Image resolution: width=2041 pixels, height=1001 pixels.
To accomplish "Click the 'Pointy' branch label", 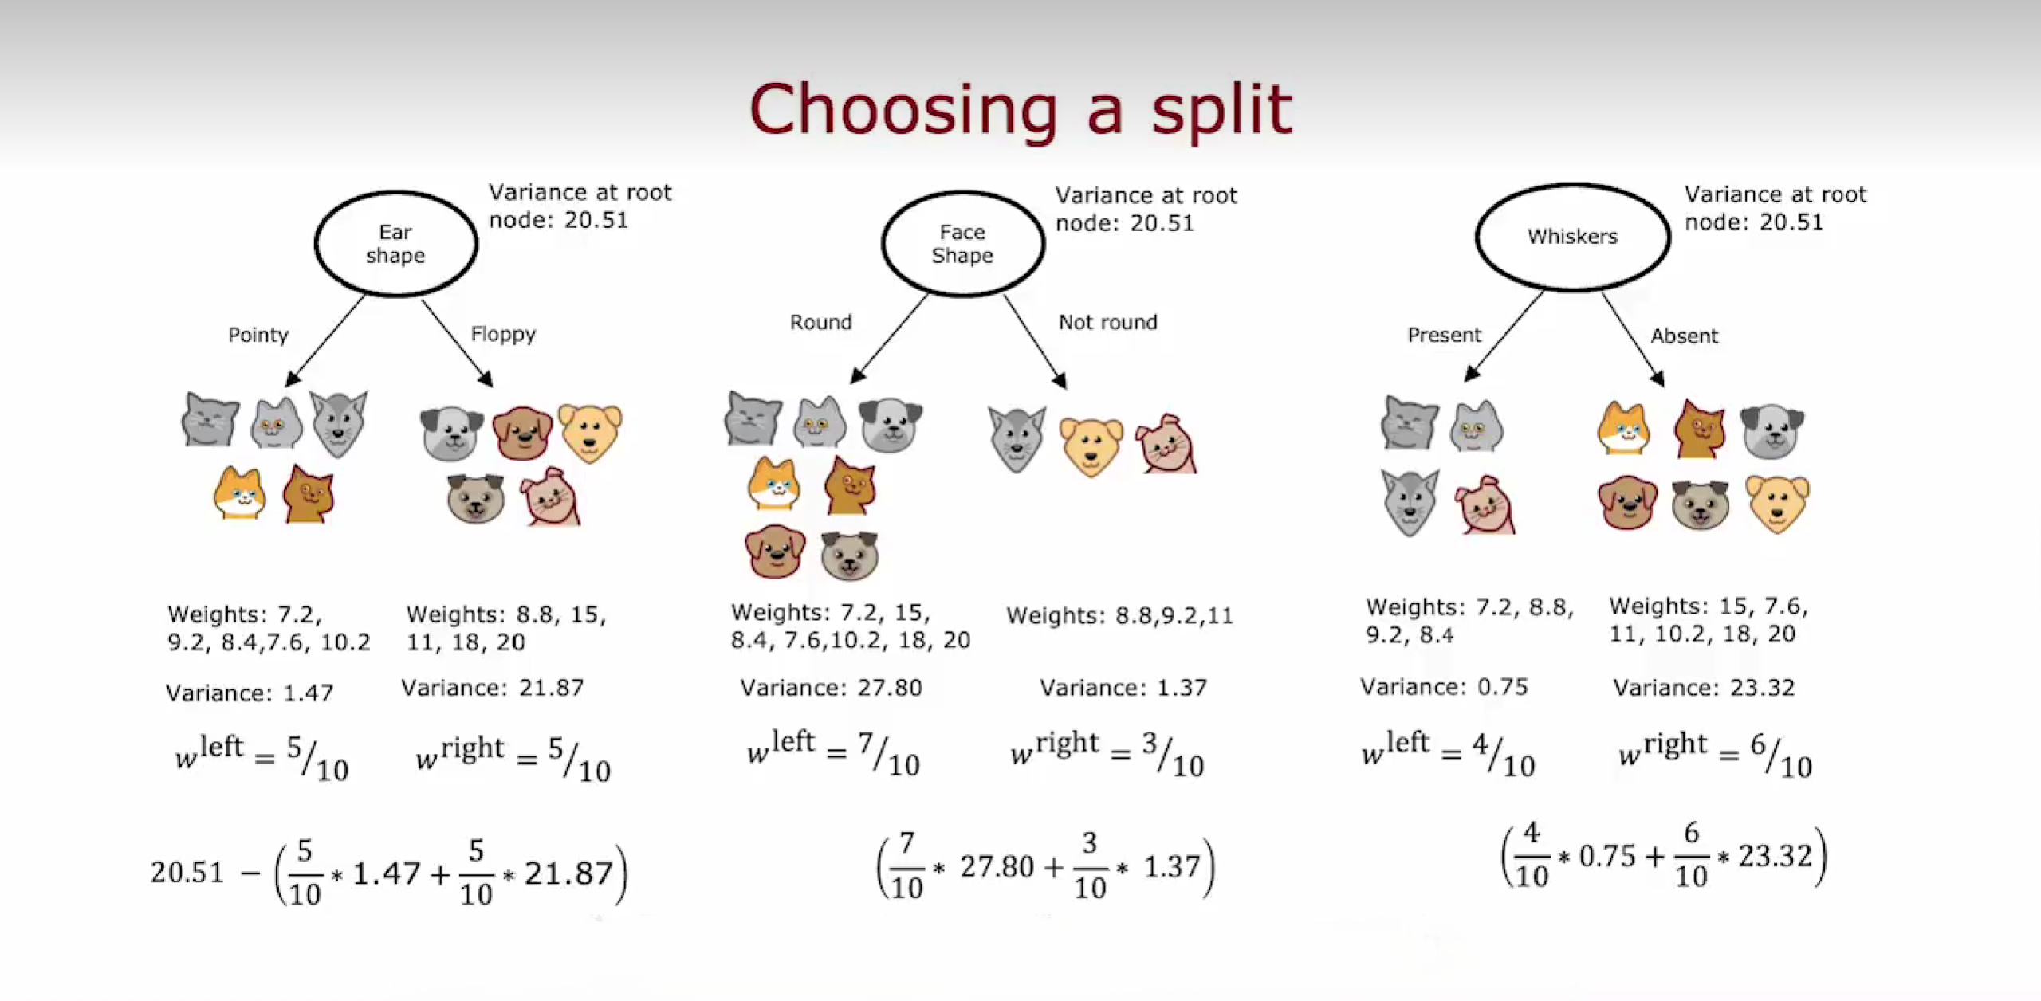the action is coord(258,335).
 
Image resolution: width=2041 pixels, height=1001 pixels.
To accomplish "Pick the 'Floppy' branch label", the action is coord(503,334).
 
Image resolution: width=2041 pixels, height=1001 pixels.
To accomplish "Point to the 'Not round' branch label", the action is coord(1107,322).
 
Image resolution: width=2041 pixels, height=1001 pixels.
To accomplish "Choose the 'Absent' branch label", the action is coord(1684,336).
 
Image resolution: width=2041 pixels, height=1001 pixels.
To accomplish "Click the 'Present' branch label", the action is coord(1444,335).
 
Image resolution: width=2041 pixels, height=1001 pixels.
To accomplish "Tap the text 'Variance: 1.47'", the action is coord(250,693).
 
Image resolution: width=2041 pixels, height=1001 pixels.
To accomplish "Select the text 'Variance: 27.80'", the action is coord(831,687).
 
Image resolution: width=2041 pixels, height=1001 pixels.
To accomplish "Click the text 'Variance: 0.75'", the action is coord(1444,686).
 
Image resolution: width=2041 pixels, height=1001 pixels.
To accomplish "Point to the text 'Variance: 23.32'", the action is coord(1704,687).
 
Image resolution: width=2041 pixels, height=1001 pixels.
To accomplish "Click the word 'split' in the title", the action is coord(1221,112).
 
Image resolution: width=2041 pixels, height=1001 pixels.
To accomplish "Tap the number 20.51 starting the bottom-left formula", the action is coord(187,872).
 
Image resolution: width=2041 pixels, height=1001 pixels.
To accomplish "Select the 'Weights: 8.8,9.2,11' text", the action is coord(1119,615).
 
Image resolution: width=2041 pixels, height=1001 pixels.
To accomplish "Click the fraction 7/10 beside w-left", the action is coord(889,753).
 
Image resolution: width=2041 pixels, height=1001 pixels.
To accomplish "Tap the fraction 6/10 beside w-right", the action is coord(1781,755).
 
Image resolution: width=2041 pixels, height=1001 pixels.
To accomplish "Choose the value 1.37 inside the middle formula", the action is coord(1172,866).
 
